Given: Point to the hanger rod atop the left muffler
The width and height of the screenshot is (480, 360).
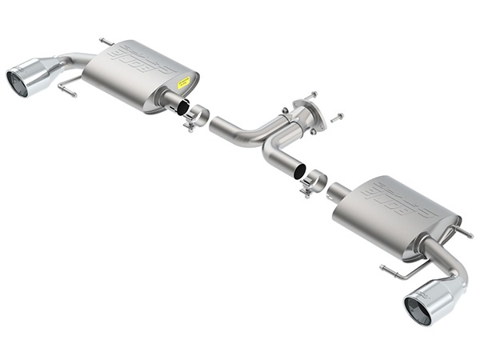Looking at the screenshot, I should tap(106, 41).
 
